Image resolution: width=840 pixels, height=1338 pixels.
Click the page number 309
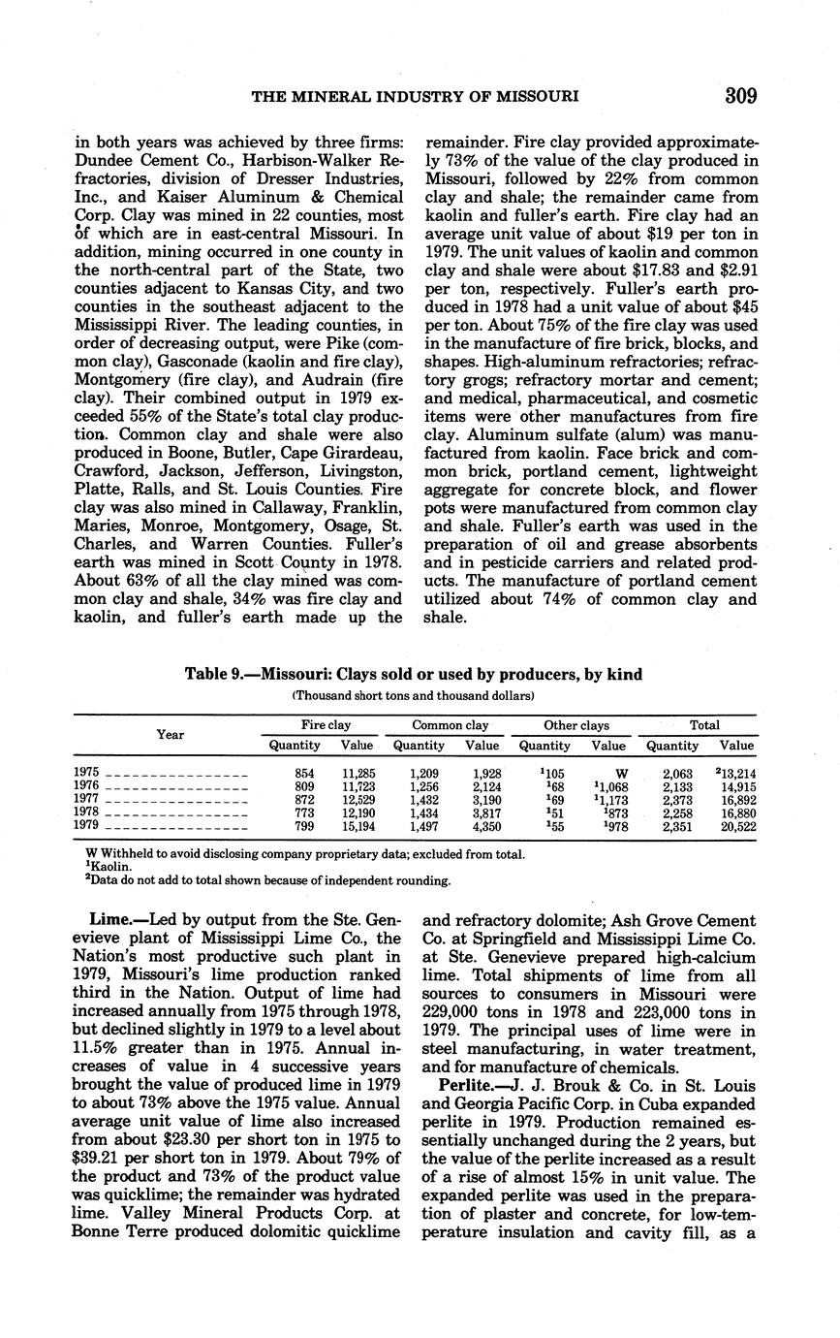[739, 95]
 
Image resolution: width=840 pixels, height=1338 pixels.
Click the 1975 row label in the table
[86, 772]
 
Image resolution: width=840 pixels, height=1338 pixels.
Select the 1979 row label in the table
[86, 827]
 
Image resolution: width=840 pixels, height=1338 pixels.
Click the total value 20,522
[736, 827]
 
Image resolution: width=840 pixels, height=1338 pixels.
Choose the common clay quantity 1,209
[423, 773]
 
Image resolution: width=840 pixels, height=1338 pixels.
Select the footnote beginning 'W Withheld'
[305, 854]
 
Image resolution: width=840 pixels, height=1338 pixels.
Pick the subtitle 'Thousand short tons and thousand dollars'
[414, 695]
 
